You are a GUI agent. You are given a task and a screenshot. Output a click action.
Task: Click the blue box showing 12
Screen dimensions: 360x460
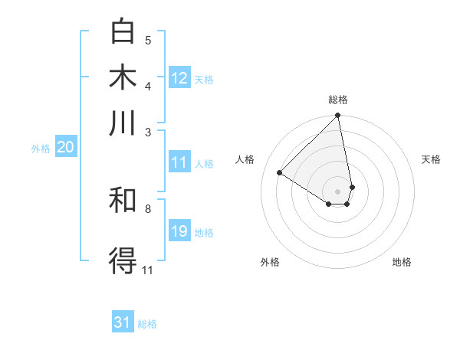coord(179,77)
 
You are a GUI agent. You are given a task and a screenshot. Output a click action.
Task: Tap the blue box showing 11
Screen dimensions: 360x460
coord(179,162)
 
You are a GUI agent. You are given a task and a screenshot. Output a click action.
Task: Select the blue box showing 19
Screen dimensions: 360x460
coord(179,231)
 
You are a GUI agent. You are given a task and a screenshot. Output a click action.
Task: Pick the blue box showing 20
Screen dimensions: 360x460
coord(65,148)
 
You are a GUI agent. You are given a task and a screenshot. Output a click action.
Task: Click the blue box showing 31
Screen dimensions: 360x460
coord(123,322)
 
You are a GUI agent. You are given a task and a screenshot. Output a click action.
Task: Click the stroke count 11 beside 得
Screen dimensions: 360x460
coord(148,270)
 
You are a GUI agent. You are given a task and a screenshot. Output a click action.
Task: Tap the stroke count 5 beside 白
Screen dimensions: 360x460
coord(148,40)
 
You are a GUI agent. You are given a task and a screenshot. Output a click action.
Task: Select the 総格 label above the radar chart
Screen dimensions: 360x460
coord(338,100)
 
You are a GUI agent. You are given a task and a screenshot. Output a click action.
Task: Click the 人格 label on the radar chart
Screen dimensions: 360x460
coord(245,159)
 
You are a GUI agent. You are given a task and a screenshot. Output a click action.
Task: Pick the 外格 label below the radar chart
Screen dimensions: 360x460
coord(270,263)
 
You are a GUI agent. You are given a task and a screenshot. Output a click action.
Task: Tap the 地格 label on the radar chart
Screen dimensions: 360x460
coord(402,263)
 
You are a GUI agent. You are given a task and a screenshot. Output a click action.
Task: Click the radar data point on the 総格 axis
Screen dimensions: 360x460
coord(337,116)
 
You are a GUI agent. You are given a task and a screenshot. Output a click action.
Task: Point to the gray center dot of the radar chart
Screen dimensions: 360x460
coord(337,191)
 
